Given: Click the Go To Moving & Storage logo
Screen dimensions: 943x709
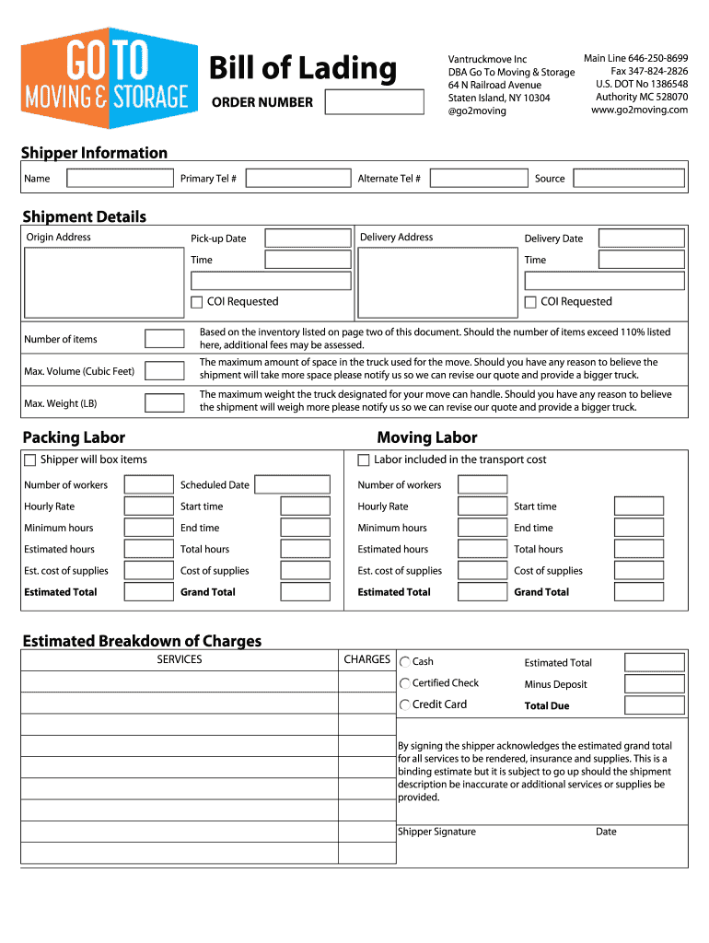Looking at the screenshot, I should point(110,78).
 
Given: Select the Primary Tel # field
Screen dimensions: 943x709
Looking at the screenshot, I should point(298,179).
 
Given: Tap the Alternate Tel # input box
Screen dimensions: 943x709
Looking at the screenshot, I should point(478,179).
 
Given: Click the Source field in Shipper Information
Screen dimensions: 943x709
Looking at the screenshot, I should point(629,179).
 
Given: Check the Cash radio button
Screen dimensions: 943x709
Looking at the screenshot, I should point(405,662).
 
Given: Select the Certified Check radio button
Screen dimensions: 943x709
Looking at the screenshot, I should point(405,683).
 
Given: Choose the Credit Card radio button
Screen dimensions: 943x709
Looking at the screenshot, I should point(405,705).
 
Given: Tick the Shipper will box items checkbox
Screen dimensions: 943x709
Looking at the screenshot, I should point(30,460).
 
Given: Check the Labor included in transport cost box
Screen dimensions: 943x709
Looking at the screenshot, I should point(364,460).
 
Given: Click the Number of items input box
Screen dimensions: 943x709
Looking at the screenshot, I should point(165,339).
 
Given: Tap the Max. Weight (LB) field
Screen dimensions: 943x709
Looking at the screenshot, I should point(165,403).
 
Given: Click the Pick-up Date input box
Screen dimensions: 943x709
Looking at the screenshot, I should point(308,239).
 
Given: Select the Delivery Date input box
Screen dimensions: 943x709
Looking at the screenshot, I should point(641,239).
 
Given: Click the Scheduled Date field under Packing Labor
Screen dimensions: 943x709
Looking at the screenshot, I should point(292,485).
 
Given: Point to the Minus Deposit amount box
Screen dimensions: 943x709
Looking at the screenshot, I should point(654,684).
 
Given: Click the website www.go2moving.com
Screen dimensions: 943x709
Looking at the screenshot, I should point(640,111).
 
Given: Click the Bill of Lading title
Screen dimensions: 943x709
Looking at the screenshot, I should point(303,68).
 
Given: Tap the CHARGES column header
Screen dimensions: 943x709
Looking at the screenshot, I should point(367,660).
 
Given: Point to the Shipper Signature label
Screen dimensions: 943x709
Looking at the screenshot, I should point(436,832).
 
